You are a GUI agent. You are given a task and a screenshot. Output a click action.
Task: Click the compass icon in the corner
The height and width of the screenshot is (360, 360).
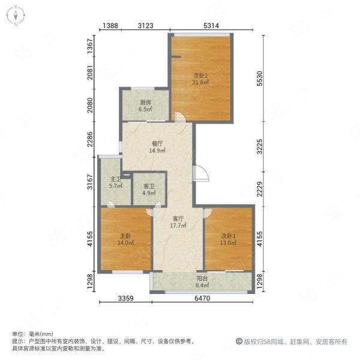pyautogui.click(x=16, y=16)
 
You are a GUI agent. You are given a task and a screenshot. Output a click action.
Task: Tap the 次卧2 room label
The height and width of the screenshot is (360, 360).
pyautogui.click(x=200, y=76)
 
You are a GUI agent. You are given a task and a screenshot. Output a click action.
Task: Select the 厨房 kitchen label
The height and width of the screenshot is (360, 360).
pyautogui.click(x=145, y=103)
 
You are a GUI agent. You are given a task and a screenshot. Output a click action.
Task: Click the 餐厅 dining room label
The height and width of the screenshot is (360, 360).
pyautogui.click(x=157, y=144)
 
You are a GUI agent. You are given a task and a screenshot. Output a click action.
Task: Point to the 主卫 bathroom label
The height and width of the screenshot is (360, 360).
pyautogui.click(x=116, y=179)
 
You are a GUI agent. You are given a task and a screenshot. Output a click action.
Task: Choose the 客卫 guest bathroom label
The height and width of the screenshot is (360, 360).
pyautogui.click(x=149, y=186)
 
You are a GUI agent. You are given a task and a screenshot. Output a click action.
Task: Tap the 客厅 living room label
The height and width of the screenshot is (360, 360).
pyautogui.click(x=178, y=219)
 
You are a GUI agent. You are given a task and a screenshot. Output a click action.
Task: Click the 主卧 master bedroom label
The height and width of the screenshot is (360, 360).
pyautogui.click(x=125, y=236)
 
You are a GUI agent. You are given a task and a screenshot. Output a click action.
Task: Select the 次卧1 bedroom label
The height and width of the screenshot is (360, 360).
pyautogui.click(x=229, y=236)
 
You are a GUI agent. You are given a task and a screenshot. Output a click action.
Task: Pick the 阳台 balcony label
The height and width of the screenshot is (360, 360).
pyautogui.click(x=203, y=279)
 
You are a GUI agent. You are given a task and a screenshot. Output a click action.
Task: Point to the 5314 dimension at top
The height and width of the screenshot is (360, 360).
pyautogui.click(x=211, y=26)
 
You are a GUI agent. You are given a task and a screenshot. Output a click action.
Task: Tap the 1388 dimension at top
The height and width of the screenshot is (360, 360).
pyautogui.click(x=110, y=26)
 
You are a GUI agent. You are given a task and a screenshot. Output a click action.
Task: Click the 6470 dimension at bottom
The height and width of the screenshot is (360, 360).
pyautogui.click(x=202, y=298)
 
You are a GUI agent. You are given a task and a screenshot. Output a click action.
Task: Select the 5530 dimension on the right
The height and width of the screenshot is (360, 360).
pyautogui.click(x=259, y=79)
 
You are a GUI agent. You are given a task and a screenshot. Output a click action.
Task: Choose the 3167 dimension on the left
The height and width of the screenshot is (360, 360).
pyautogui.click(x=91, y=182)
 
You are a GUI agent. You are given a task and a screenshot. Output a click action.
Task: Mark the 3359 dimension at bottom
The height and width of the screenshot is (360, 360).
pyautogui.click(x=125, y=298)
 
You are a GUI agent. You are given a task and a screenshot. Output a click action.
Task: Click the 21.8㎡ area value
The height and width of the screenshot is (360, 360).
pyautogui.click(x=200, y=82)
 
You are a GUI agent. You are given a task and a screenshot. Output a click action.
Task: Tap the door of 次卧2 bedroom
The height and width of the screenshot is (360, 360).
pyautogui.click(x=180, y=116)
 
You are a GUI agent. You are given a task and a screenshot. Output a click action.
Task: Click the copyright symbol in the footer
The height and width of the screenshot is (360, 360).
pyautogui.click(x=239, y=341)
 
